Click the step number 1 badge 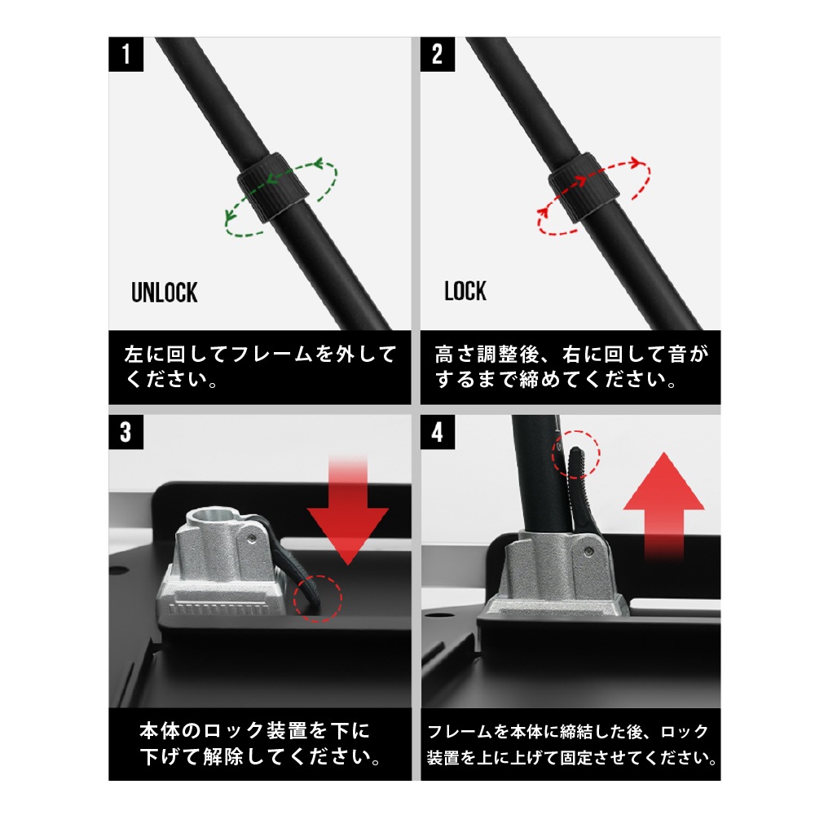tap(126, 55)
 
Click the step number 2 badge tap(438, 55)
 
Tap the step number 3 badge tap(126, 431)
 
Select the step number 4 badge tap(438, 431)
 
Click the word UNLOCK tap(165, 293)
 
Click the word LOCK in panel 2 tap(465, 291)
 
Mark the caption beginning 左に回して tap(260, 368)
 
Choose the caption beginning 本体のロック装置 tap(260, 744)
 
